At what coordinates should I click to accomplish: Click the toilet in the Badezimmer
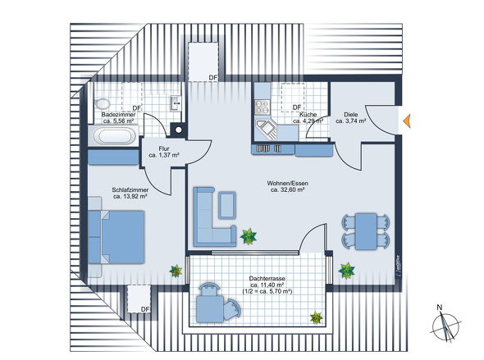pos(103,103)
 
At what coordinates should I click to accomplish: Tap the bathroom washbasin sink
pos(176,103)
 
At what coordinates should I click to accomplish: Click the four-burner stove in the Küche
pos(263,107)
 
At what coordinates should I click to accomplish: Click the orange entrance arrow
pos(407,121)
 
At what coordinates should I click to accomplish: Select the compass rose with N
pos(445,325)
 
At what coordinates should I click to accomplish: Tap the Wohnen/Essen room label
pos(288,187)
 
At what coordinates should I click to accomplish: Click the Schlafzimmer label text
pos(130,189)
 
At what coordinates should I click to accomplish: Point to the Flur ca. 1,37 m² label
pos(164,152)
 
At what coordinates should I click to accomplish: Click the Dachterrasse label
pos(267,278)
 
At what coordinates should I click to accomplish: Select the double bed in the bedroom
pos(116,237)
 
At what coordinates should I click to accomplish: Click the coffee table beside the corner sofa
pos(227,206)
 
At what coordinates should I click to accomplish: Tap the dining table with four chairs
pos(366,231)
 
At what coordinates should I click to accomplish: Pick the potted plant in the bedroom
pos(176,271)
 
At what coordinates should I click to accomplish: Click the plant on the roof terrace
pos(317,317)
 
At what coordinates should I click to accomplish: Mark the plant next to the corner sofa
pos(249,237)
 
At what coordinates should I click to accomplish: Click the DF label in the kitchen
pos(297,107)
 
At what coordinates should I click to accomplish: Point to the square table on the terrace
pos(210,309)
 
